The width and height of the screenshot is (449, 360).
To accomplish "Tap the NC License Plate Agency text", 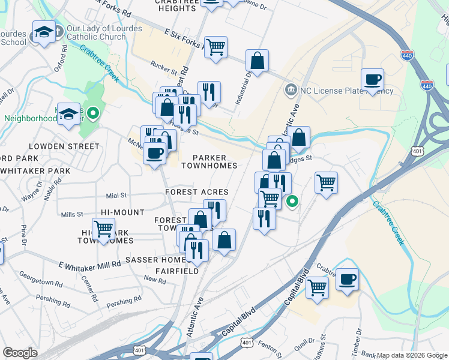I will click(x=346, y=91).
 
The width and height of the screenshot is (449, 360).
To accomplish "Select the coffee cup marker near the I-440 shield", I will click(x=372, y=80).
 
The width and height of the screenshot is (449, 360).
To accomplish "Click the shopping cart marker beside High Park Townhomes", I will click(x=104, y=229).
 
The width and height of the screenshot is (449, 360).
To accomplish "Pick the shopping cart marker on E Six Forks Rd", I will click(x=215, y=47).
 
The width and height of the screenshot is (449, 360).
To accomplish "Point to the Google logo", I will click(x=20, y=353).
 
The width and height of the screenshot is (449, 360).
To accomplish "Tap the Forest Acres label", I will click(x=197, y=192).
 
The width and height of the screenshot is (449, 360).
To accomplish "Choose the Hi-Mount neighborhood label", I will click(x=123, y=212).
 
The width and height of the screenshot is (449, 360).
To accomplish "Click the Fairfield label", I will click(x=177, y=271).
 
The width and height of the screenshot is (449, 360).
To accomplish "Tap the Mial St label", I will click(x=116, y=195).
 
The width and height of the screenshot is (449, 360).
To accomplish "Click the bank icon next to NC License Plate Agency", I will click(x=291, y=91).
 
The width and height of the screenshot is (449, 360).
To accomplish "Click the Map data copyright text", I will click(x=411, y=355).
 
